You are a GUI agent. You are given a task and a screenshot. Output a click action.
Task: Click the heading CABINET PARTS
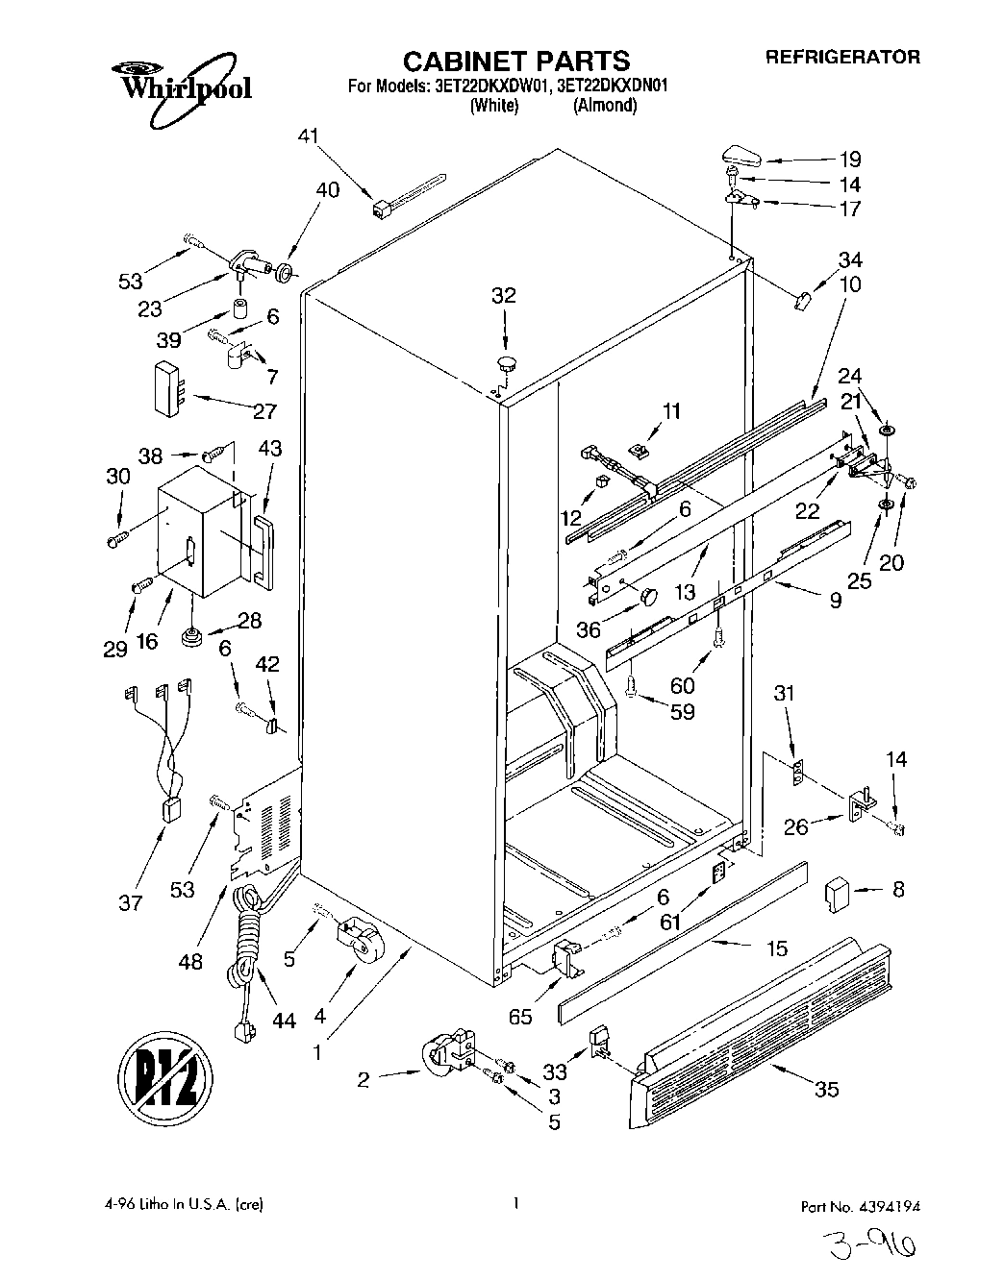(515, 61)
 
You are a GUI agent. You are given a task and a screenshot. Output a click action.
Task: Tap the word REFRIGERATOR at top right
(842, 57)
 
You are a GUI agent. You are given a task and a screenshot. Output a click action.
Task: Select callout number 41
(307, 137)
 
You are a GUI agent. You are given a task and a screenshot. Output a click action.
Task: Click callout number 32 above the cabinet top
(504, 296)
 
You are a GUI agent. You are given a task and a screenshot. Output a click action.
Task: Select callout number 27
(264, 411)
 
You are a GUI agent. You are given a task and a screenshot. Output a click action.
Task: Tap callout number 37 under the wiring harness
(131, 902)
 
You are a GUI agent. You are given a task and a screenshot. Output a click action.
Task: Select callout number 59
(683, 712)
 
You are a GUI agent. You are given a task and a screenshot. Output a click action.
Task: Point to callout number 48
(191, 959)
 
